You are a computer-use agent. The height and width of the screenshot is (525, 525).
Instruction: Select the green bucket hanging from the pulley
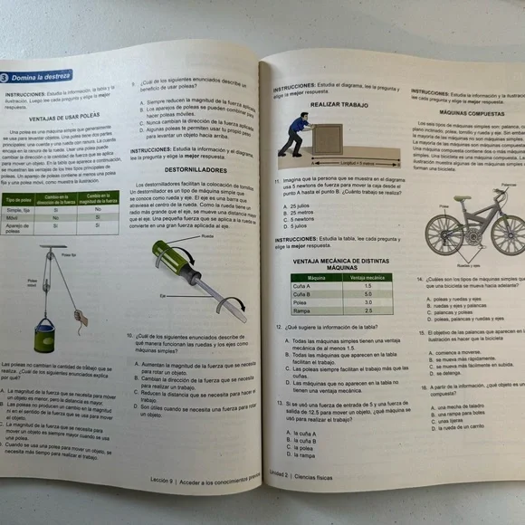click(46, 339)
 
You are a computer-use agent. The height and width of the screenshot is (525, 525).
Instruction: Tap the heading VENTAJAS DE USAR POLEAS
click(63, 118)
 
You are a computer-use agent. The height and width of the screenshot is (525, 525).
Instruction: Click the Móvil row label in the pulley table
click(18, 218)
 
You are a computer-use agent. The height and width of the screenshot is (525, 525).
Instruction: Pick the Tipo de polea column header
click(20, 199)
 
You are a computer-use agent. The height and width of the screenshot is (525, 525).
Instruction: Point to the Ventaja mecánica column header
click(367, 278)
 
